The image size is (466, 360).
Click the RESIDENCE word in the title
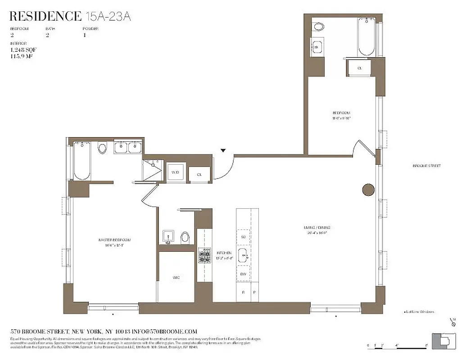[x=45, y=17]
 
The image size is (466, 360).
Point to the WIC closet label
[x=176, y=278]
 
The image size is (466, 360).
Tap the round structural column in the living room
[x=368, y=190]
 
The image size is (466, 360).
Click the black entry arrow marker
[x=223, y=150]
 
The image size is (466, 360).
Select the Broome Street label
[x=426, y=166]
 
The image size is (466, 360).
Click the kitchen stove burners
[x=205, y=256]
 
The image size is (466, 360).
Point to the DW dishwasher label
[x=243, y=274]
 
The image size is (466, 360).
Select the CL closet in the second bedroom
[x=359, y=68]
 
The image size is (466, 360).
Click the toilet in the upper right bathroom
[x=319, y=27]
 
